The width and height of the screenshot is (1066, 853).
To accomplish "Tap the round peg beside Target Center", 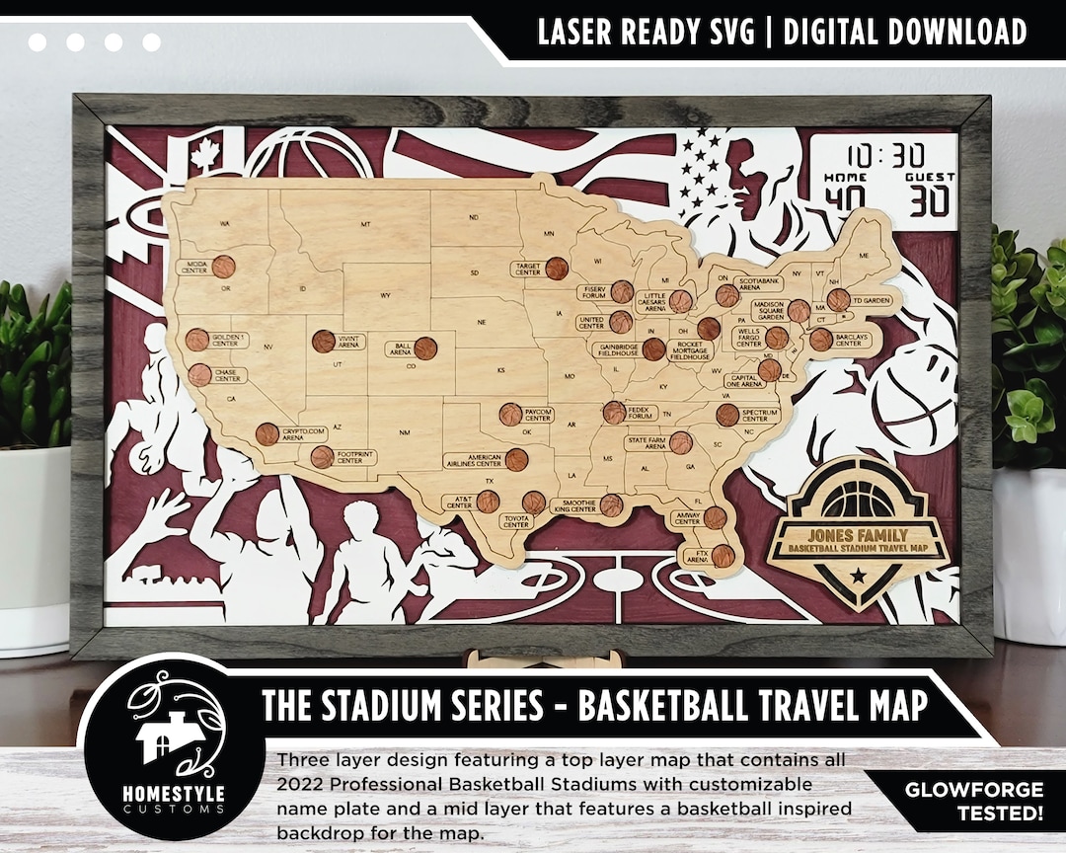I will (557, 269).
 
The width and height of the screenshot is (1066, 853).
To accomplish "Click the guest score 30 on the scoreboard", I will (929, 200).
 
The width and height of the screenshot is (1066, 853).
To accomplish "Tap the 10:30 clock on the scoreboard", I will (885, 155).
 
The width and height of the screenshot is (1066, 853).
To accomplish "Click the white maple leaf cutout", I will (205, 156).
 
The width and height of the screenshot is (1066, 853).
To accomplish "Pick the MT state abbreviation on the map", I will (365, 225).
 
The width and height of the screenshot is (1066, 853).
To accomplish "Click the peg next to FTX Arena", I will (723, 556).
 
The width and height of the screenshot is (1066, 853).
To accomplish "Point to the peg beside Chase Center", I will (200, 375).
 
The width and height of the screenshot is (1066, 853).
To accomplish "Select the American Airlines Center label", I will (473, 460).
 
